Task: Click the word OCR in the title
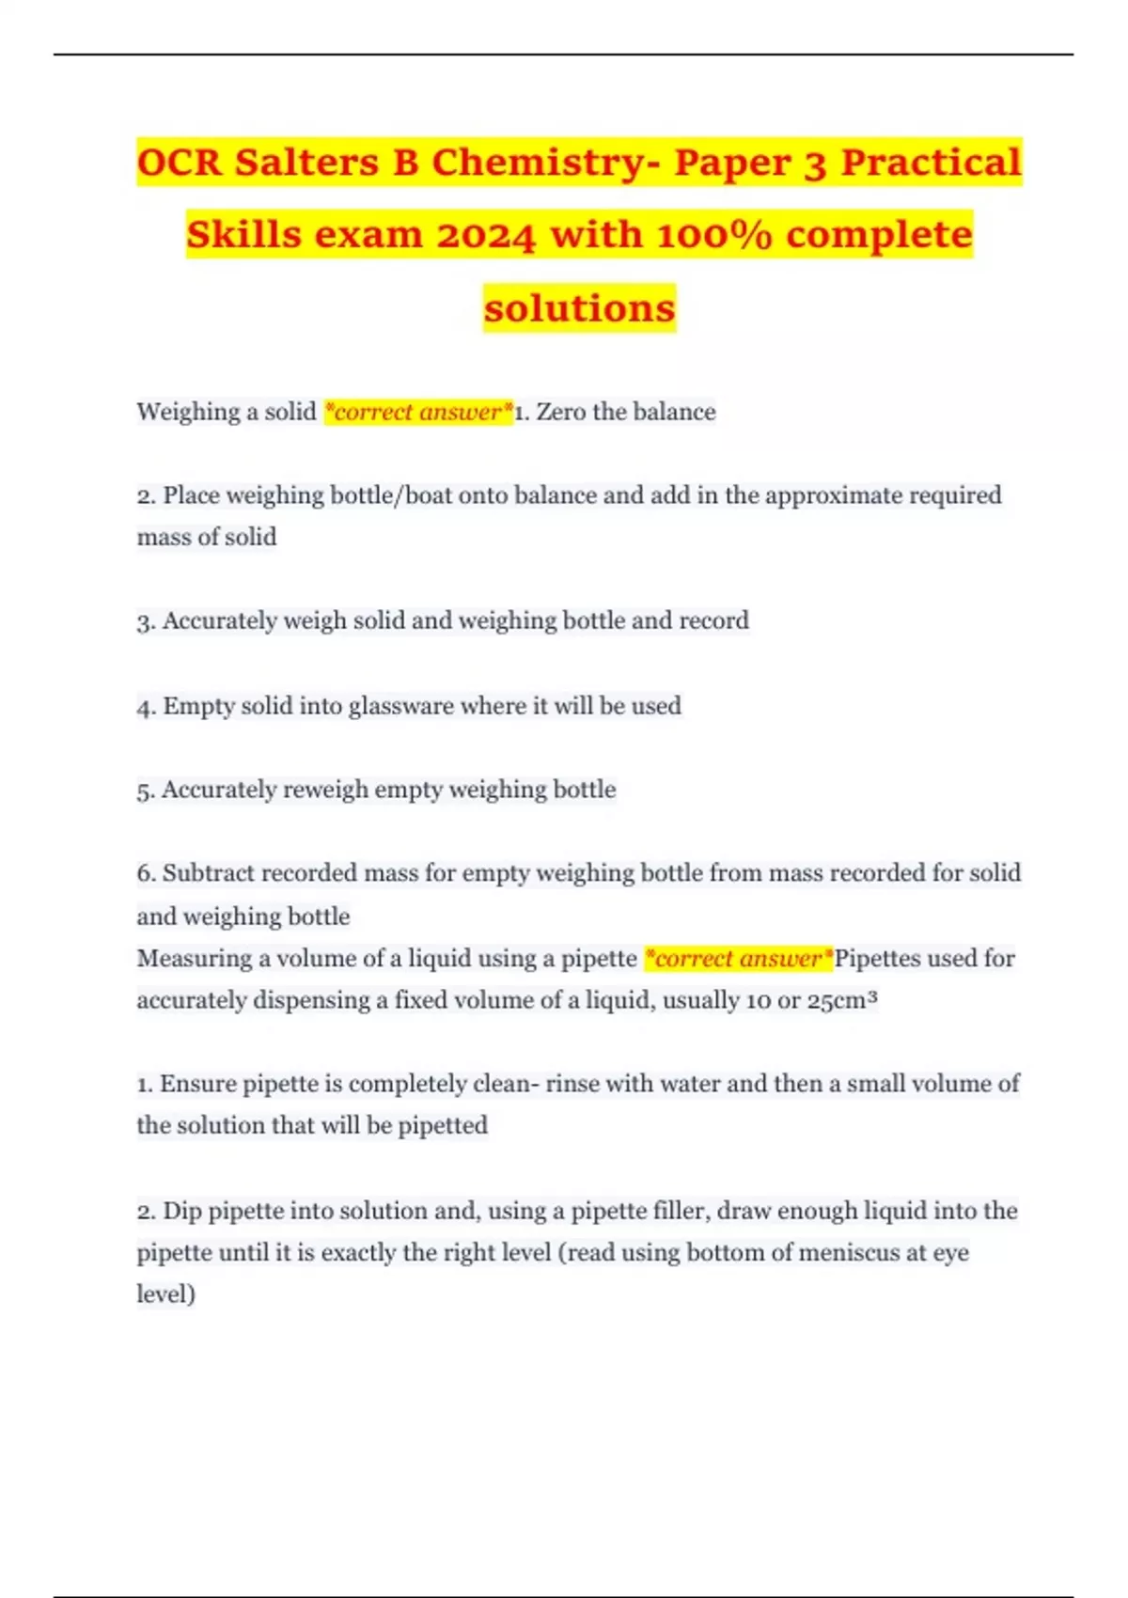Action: [x=180, y=162]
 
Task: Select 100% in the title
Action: [x=714, y=235]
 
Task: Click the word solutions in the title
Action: [x=579, y=308]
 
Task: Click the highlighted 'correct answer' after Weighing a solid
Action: [x=418, y=412]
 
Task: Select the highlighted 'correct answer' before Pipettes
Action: [x=739, y=959]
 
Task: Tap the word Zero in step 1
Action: [x=561, y=412]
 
